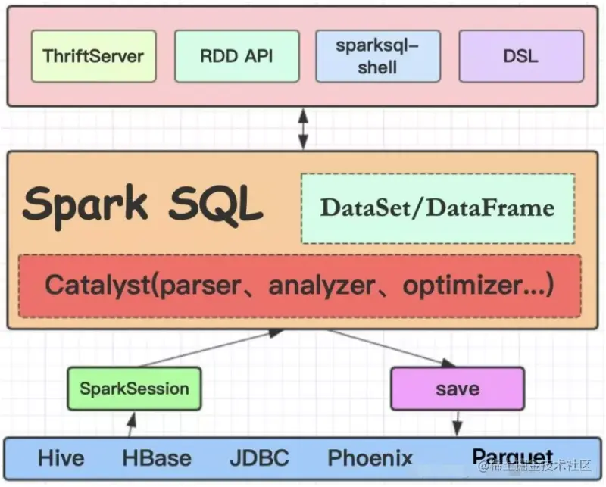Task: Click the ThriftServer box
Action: coord(93,56)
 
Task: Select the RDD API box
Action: coord(236,56)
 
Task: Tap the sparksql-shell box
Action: coord(377,56)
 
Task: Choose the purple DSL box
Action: coord(521,56)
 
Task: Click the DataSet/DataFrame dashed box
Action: coord(437,208)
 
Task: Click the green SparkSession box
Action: coord(134,389)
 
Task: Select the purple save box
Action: coord(457,389)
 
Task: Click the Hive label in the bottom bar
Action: coord(61,458)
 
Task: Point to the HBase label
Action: coord(157,458)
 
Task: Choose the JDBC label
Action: coord(259,458)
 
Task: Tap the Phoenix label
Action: coord(370,458)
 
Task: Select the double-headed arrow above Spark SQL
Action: coord(303,128)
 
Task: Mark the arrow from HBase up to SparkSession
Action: coord(132,424)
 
